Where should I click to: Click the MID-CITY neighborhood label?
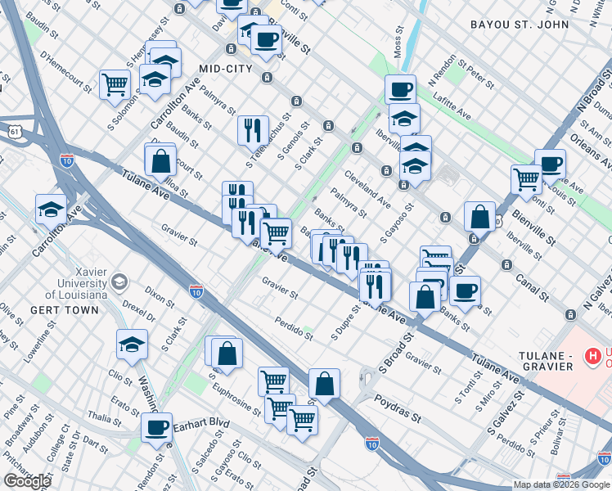(224, 69)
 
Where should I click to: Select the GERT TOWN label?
(64, 310)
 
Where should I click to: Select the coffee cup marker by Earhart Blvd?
(156, 426)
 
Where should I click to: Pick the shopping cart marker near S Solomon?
(115, 83)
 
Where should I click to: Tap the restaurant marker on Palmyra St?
(253, 128)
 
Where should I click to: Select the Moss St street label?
(399, 41)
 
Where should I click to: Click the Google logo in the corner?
(27, 481)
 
